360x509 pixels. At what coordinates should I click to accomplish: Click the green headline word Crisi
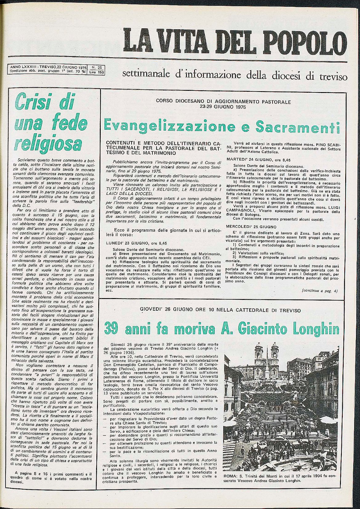[34, 101]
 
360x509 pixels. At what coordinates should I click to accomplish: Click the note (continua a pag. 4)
[320, 290]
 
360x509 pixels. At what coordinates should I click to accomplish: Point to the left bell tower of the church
[258, 354]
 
